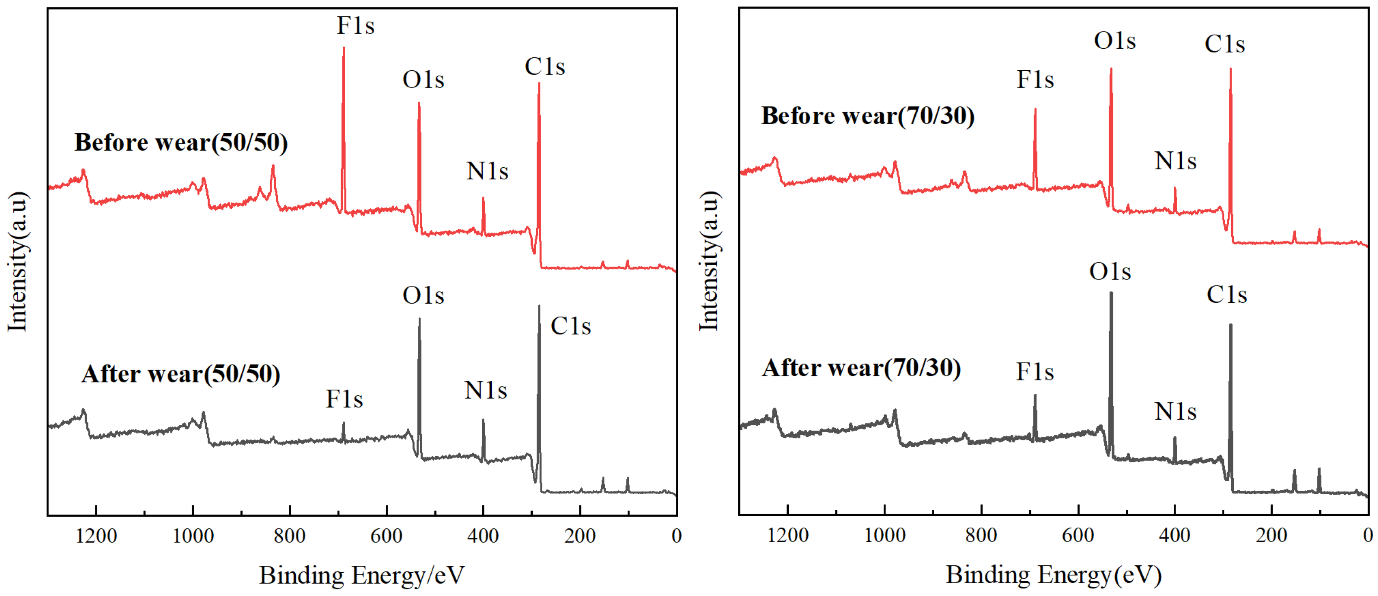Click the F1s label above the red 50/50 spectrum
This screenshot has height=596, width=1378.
(355, 25)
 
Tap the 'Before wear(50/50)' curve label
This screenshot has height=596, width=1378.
(181, 143)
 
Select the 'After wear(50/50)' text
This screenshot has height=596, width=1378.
(181, 374)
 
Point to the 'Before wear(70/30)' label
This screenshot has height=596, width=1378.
(868, 116)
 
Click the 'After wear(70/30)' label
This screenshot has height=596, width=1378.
(861, 368)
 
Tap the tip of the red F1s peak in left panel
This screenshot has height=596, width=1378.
(344, 48)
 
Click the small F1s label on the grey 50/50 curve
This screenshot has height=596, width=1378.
(344, 399)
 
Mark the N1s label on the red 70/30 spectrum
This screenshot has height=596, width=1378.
(1175, 161)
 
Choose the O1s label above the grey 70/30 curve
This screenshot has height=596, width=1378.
(1110, 272)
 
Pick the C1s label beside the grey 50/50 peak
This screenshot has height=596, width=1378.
(571, 326)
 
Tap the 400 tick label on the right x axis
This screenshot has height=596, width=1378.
(1174, 536)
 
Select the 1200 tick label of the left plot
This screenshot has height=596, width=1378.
(96, 536)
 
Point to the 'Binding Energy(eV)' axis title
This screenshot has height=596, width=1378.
(1053, 576)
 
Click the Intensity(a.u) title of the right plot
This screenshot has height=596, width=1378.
(709, 261)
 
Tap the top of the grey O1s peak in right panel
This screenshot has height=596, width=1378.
(1111, 293)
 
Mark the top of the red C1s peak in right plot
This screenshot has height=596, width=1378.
(1230, 69)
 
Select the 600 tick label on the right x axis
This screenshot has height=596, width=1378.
(1078, 536)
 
